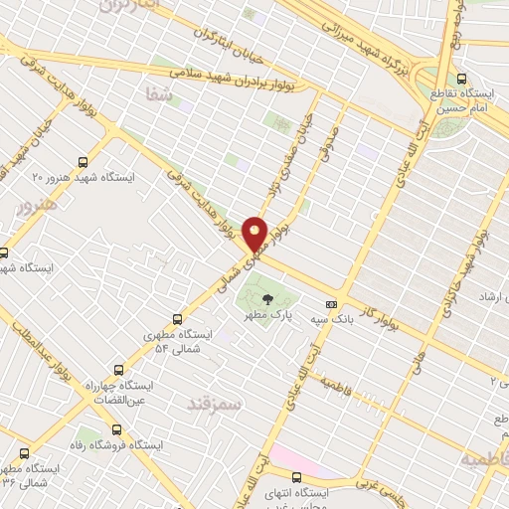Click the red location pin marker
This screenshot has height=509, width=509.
click(x=255, y=234)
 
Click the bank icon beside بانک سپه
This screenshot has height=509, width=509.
click(x=331, y=304)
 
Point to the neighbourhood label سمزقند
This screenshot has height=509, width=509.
click(x=211, y=403)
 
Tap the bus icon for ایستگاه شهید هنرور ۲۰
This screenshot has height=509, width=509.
click(x=81, y=160)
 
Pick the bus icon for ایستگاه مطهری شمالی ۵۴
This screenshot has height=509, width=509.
click(x=178, y=319)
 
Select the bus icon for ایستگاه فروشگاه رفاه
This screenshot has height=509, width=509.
click(x=118, y=430)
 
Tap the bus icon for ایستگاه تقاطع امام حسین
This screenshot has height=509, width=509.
click(x=461, y=79)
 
